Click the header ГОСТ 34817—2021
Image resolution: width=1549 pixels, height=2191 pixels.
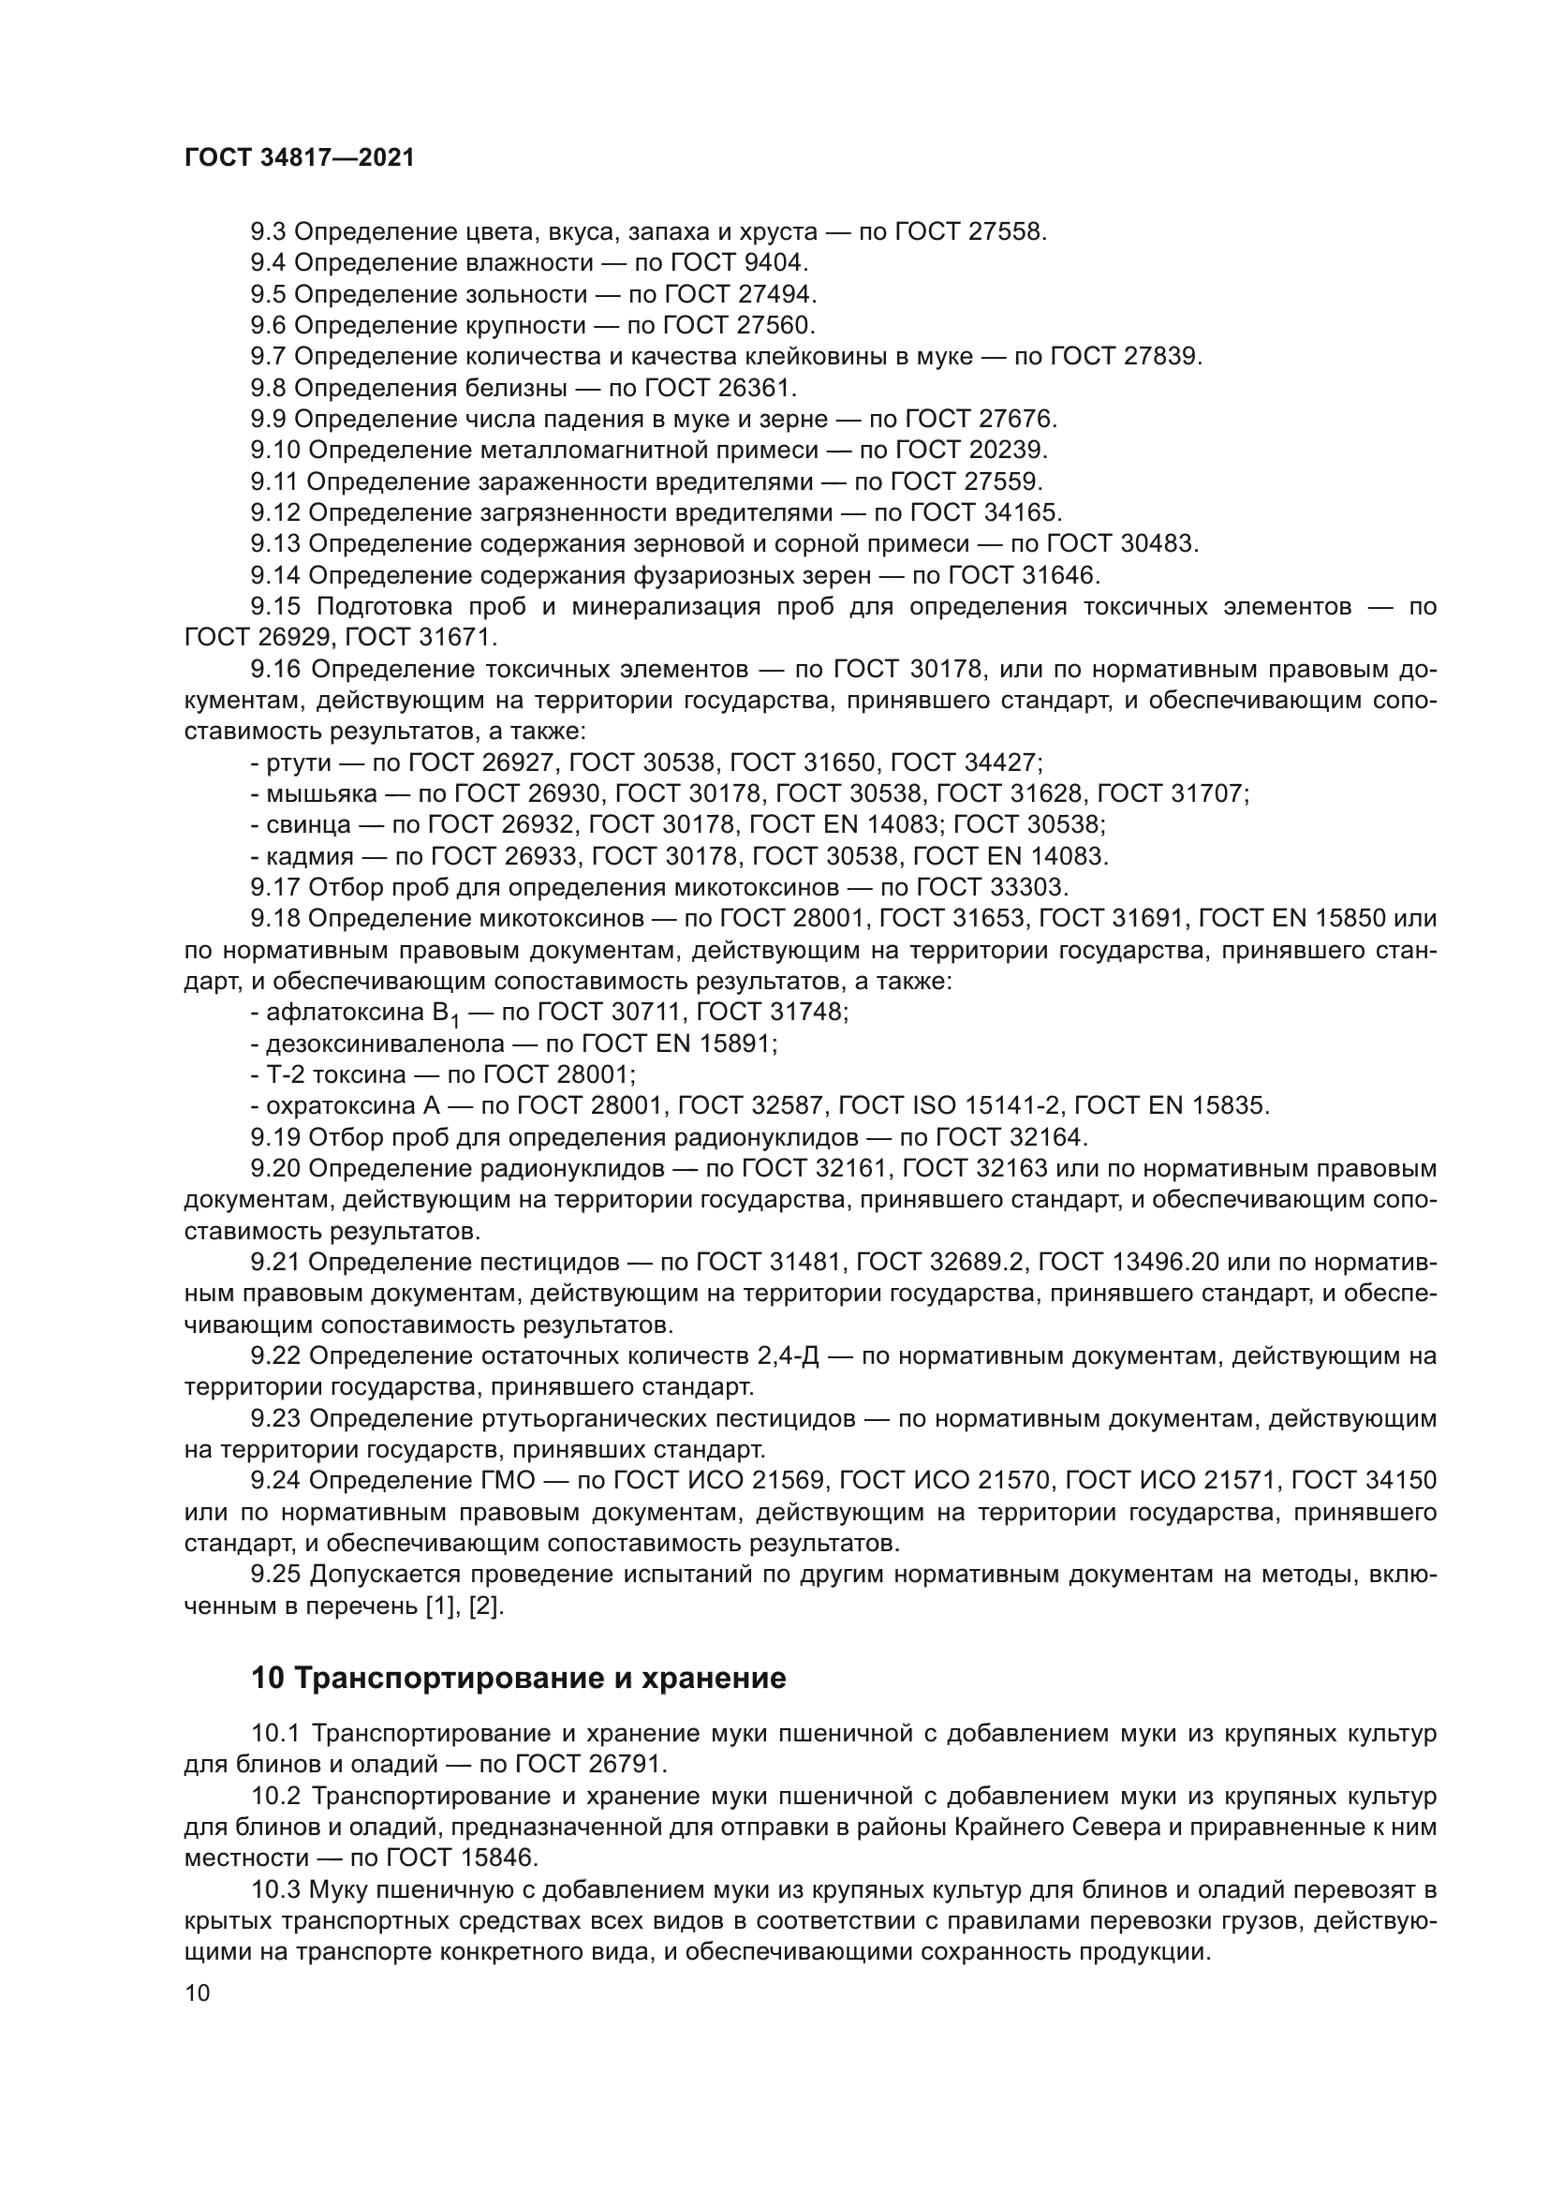(300, 158)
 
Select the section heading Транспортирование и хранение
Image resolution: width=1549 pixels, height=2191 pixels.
(539, 1704)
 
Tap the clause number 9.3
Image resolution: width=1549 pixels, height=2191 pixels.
(268, 232)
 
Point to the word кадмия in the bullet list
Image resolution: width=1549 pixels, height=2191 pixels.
(310, 856)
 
